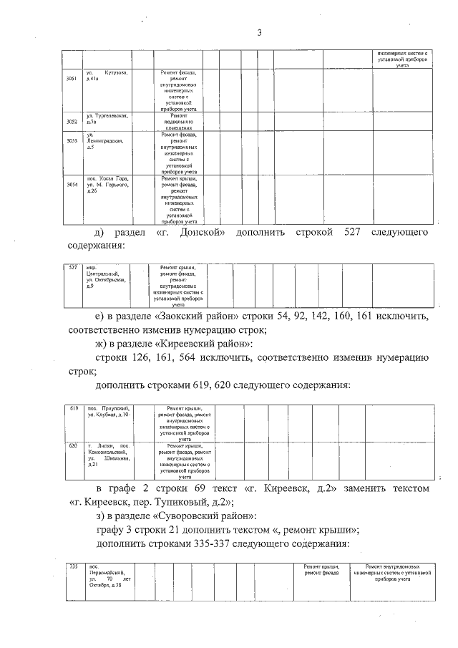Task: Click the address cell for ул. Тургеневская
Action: click(x=107, y=119)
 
